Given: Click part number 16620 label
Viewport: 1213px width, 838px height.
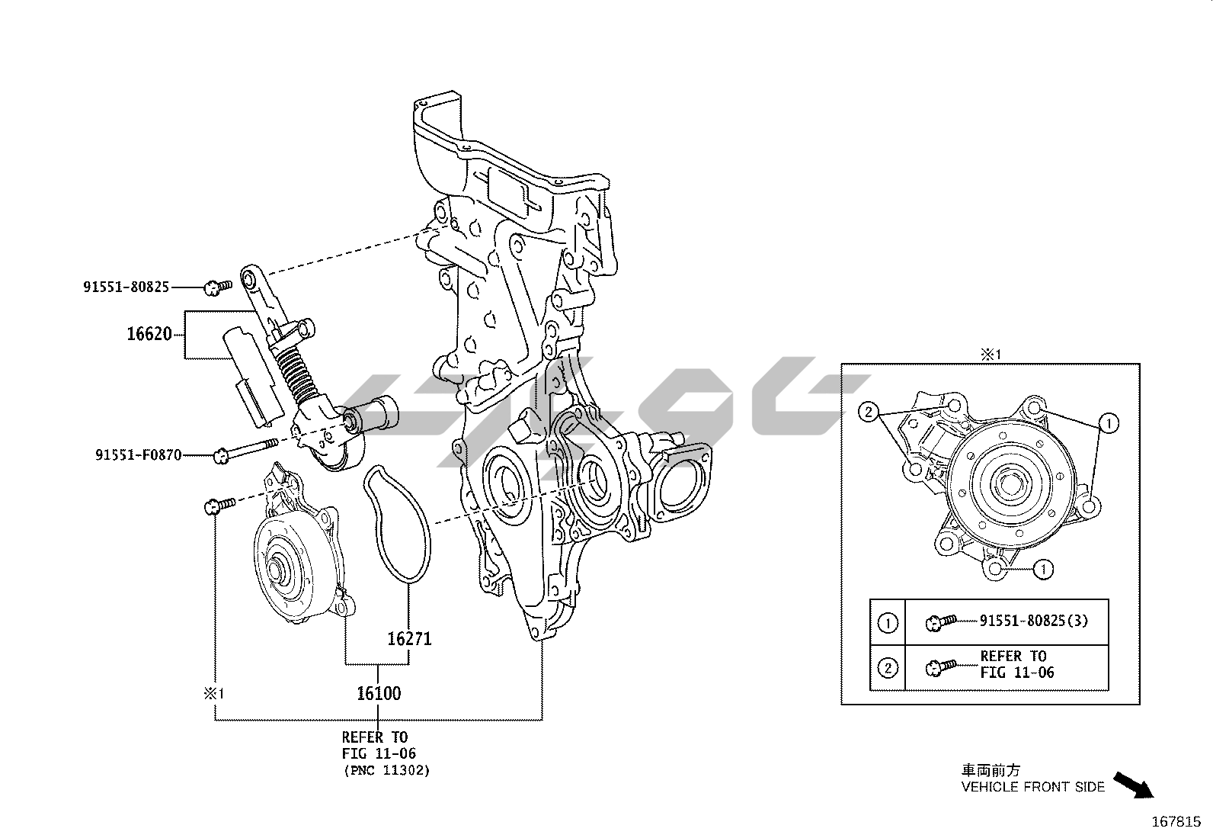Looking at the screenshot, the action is coord(149,334).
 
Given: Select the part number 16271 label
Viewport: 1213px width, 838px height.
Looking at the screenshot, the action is coord(409,639).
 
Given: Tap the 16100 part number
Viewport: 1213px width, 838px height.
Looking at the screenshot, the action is coord(379,693).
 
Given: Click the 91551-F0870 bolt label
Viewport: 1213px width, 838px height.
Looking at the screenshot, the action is coord(138,454).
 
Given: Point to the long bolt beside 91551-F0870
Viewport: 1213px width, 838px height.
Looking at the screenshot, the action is coord(246,450).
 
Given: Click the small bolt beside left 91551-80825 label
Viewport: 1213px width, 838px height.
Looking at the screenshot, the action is coord(218,287).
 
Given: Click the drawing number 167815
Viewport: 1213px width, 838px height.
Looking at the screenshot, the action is coord(1176,822).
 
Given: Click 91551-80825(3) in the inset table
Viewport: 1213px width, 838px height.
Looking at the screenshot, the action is coord(1034,621).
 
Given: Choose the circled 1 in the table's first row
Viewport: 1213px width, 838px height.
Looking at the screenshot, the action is coord(887,623).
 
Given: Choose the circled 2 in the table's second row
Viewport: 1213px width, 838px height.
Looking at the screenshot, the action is coord(887,668).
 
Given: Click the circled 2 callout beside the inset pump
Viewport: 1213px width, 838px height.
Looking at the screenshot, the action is coord(869,413).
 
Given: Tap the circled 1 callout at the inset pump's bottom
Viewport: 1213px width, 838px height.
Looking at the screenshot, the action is coord(1044,569).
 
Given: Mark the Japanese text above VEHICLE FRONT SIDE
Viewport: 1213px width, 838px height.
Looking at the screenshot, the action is coord(991,770).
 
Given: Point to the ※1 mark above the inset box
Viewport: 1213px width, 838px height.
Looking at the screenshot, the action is coord(991,355).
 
